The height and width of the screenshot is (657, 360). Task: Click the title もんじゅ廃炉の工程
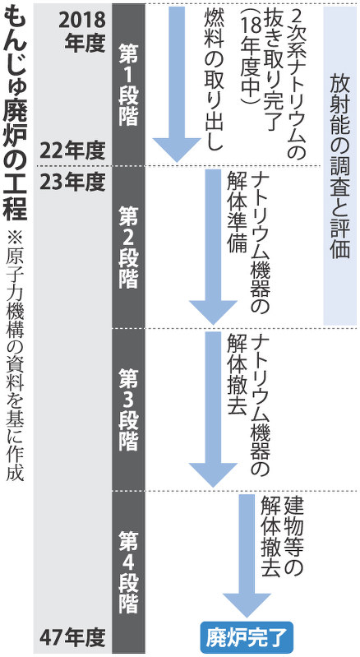15,113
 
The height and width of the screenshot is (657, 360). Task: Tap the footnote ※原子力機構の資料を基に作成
15,355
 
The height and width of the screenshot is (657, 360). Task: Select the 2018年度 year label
81,31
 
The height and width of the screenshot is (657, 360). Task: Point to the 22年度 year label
72,151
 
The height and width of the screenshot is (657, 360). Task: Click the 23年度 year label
72,182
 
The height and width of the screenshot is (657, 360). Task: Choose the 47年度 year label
72,639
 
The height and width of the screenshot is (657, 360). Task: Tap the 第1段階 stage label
128,85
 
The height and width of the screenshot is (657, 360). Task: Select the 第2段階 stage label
128,248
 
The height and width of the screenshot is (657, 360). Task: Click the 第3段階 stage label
128,409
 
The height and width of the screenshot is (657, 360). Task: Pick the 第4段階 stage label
128,572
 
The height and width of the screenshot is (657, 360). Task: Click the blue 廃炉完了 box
247,638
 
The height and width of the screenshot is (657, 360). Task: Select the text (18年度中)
253,58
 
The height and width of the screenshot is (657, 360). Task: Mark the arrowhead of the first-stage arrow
177,150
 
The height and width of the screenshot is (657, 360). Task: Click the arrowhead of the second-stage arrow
213,312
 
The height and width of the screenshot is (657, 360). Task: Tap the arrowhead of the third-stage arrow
213,474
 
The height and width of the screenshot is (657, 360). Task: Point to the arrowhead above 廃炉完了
247,604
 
